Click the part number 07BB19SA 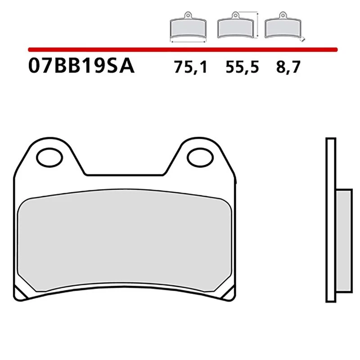pyautogui.click(x=81, y=66)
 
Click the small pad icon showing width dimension pyautogui.click(x=187, y=28)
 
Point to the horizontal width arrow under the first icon pyautogui.click(x=187, y=41)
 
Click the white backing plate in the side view pyautogui.click(x=330, y=220)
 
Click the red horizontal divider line pyautogui.click(x=180, y=49)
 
